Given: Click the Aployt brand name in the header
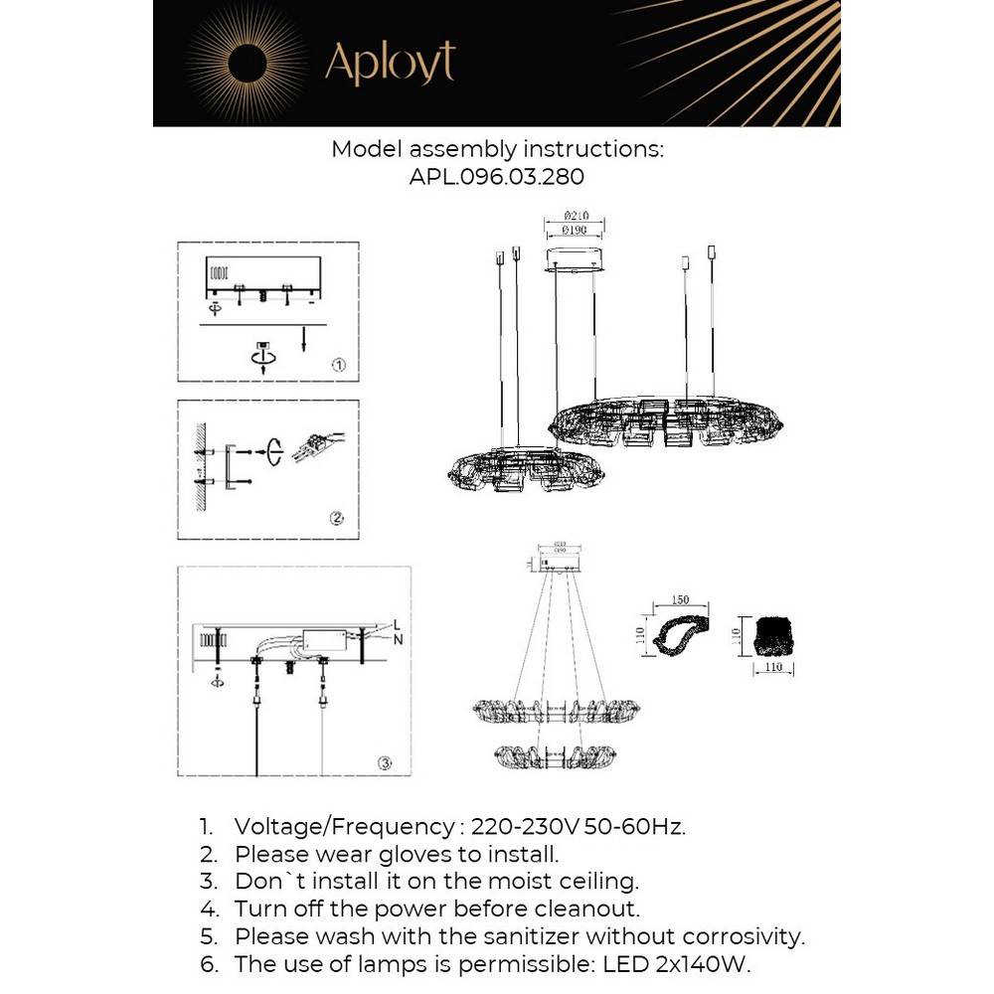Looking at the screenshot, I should click(390, 63).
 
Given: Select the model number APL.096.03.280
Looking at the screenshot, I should click(497, 177).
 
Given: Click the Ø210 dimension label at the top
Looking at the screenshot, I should click(578, 215).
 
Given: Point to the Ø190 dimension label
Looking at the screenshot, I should click(578, 230).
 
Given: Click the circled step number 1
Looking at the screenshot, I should click(338, 365).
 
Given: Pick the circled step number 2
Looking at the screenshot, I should click(336, 518).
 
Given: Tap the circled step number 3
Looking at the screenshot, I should click(385, 763).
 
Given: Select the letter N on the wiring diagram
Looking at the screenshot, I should click(397, 640).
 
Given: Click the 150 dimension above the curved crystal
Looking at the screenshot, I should click(681, 600).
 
